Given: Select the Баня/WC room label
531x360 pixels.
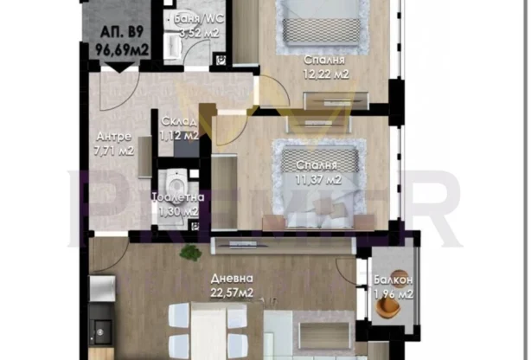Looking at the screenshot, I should click(196, 17).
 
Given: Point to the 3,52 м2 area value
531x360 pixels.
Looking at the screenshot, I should click(198, 33).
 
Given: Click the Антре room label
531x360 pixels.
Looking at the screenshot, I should click(113, 136).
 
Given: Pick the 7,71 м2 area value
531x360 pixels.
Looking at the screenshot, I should click(113, 150).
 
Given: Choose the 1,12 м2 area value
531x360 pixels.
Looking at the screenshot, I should click(179, 136).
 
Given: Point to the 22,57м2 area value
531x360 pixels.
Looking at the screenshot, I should click(234, 293).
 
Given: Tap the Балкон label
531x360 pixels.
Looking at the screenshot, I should click(393, 281).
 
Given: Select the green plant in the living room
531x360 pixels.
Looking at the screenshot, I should click(189, 253).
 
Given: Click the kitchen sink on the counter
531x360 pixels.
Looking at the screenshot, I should click(102, 330).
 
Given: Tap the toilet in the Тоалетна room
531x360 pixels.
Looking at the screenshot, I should click(176, 183).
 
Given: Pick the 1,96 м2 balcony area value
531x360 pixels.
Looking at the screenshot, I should click(393, 295).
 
